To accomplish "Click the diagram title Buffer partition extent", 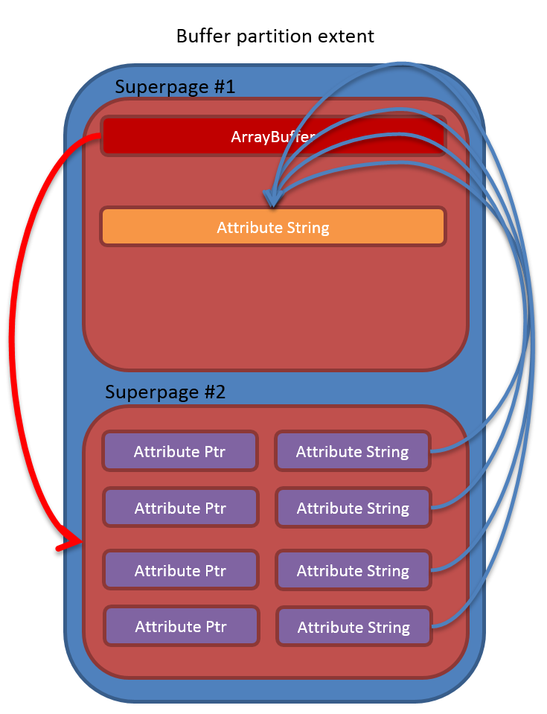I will click(275, 36).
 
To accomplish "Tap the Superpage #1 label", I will click(175, 86).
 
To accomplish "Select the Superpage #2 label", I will click(165, 392).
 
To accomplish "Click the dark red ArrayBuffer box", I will click(272, 136).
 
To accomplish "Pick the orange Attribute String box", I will click(272, 227).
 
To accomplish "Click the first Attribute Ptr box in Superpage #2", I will click(180, 451).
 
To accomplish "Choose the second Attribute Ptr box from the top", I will click(180, 509).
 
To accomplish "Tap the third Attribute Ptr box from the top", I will click(180, 571).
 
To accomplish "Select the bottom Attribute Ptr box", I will click(181, 627).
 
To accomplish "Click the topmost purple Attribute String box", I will click(352, 451).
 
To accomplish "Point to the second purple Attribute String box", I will click(353, 509).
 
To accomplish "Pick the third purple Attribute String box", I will click(353, 571).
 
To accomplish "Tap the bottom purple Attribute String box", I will click(354, 628).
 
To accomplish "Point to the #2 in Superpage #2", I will click(212, 392).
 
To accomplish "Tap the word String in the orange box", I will click(307, 227).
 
